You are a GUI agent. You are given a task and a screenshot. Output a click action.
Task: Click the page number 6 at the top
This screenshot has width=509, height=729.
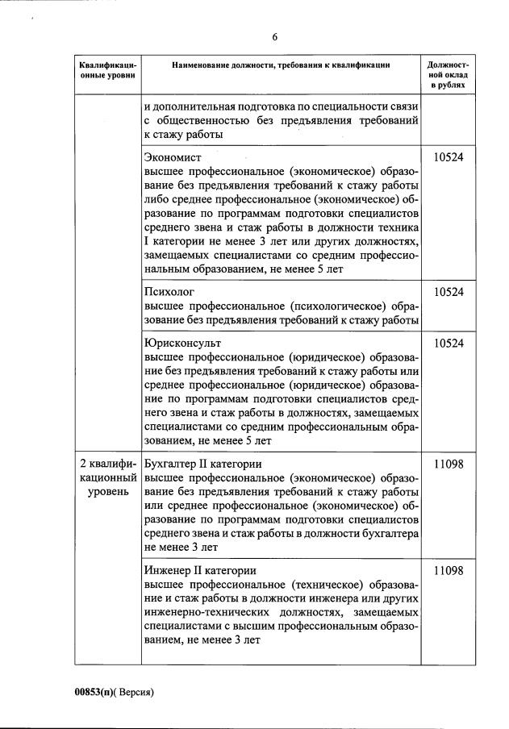click(x=275, y=38)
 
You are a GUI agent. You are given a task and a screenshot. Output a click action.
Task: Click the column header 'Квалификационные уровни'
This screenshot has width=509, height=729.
click(x=108, y=70)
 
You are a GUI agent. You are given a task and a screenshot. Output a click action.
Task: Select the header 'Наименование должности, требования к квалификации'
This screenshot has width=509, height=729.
click(x=281, y=65)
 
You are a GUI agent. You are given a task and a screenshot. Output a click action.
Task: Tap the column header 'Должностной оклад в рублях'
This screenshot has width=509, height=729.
click(x=448, y=73)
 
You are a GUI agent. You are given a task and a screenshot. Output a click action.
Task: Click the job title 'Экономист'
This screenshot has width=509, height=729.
click(x=172, y=157)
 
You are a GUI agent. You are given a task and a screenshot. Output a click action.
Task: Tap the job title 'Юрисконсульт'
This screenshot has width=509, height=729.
click(x=181, y=344)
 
